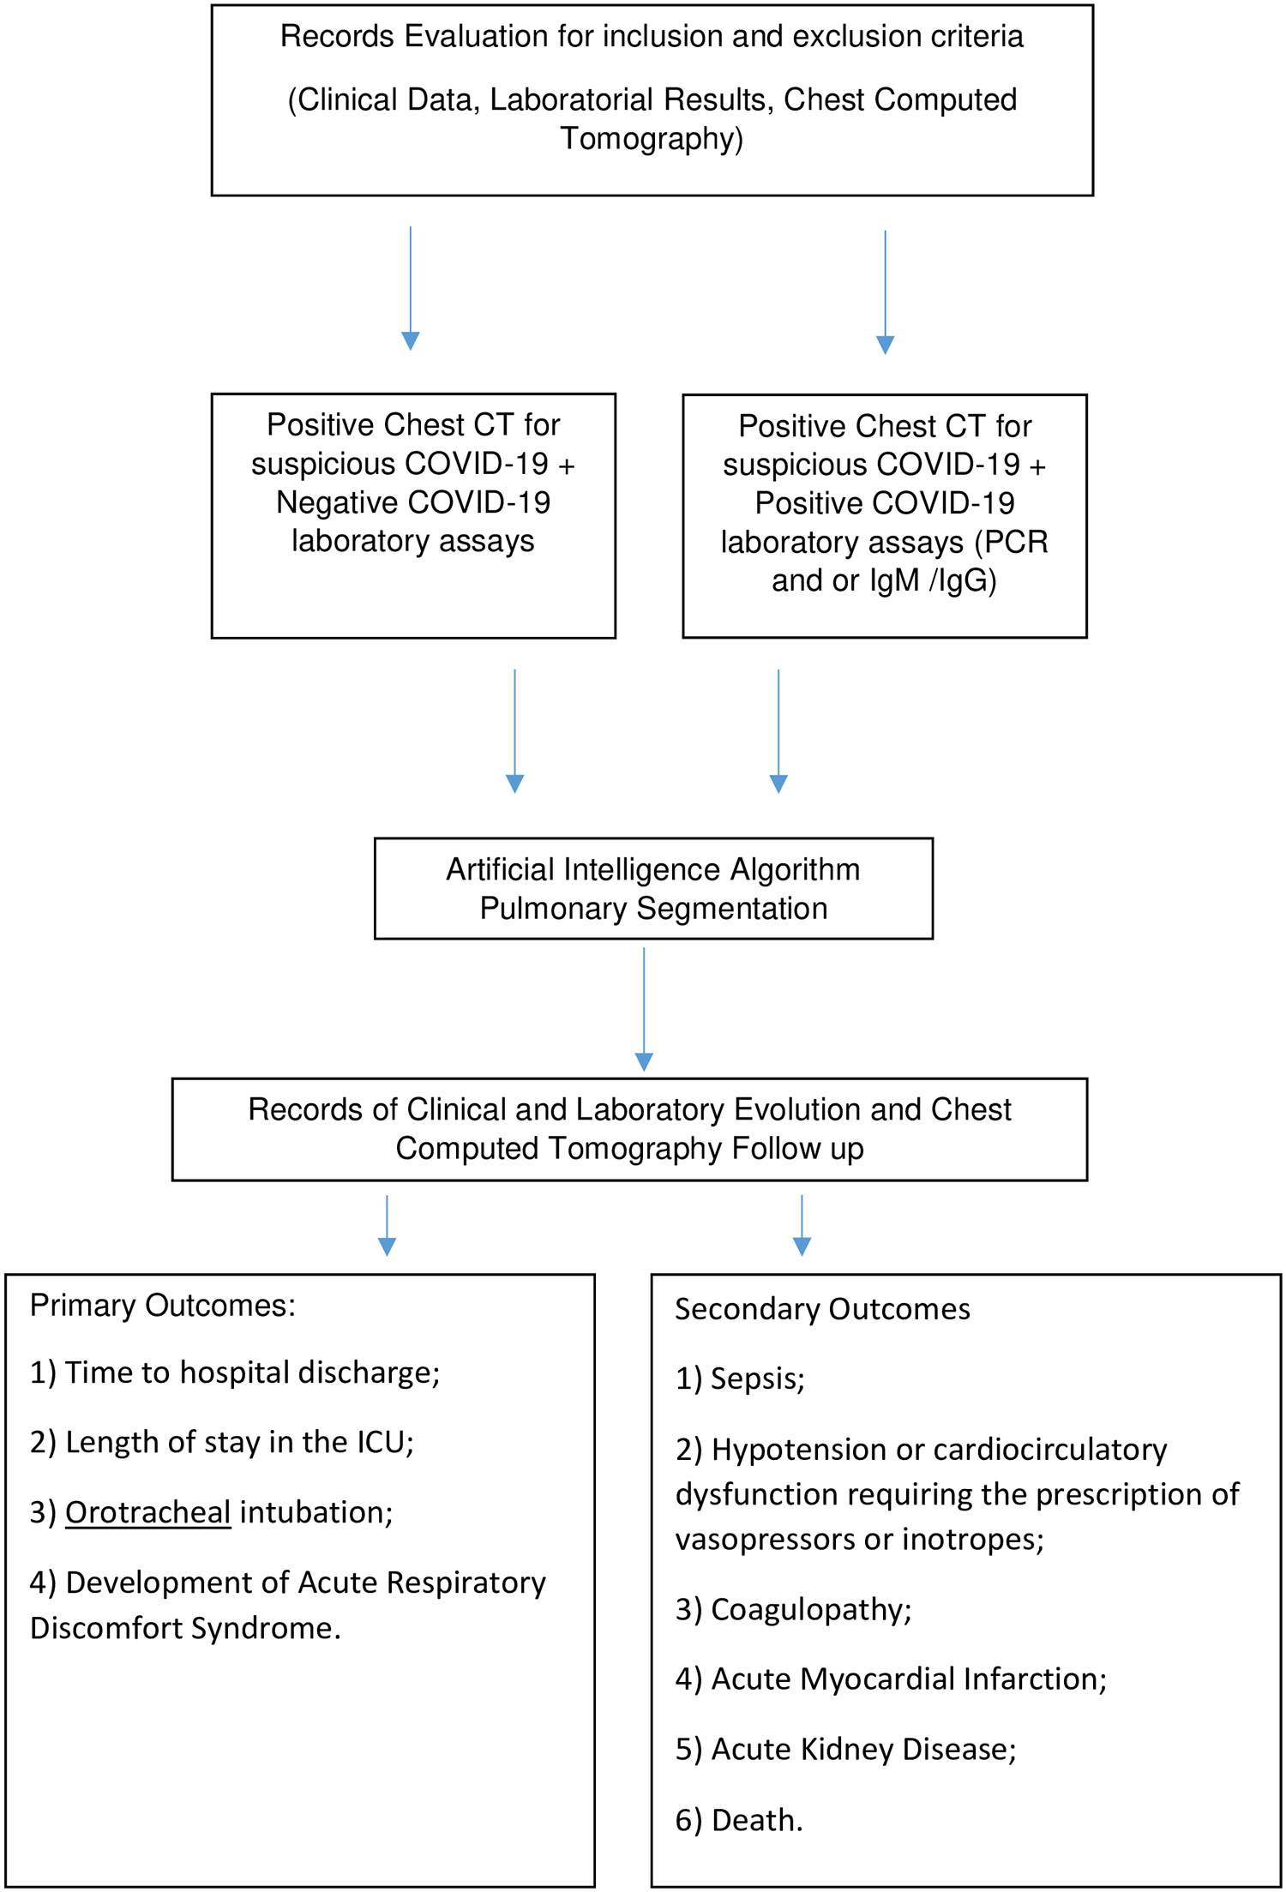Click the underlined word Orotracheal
tap(147, 1511)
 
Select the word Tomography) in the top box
tap(652, 139)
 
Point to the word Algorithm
tap(795, 869)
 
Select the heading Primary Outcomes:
tap(163, 1305)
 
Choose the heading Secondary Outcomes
tap(823, 1309)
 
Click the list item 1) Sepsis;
tap(741, 1378)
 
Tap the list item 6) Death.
tap(739, 1820)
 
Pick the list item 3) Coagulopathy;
tap(794, 1609)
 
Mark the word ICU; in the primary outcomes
tap(386, 1442)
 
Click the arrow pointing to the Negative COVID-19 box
tap(411, 288)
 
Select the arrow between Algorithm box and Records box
tap(644, 1009)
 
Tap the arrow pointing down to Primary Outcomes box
tap(388, 1226)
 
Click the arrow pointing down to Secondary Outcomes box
tap(802, 1226)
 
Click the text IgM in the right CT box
tap(894, 581)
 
